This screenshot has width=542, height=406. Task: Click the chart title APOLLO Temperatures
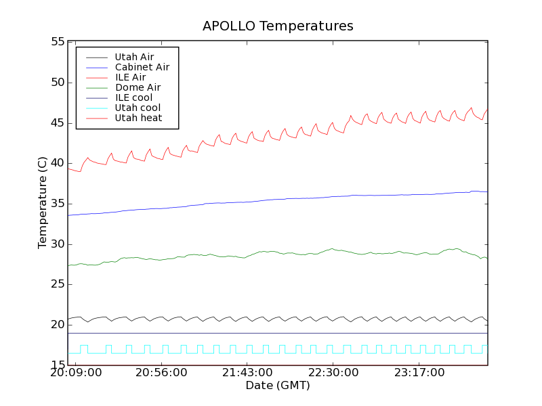(x=278, y=26)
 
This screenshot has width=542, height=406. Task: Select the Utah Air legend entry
(x=134, y=57)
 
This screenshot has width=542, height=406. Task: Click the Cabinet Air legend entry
(x=142, y=67)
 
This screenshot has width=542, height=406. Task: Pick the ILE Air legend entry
(x=130, y=77)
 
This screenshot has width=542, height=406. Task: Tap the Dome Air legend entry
(x=138, y=87)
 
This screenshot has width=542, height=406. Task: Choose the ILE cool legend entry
(x=133, y=97)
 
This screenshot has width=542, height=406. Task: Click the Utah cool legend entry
(x=138, y=108)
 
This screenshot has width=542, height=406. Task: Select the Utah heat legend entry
(x=138, y=118)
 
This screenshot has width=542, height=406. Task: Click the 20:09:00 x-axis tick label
(x=76, y=373)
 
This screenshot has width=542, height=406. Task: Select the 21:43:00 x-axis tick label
(x=247, y=373)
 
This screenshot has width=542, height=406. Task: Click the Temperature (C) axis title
(x=43, y=203)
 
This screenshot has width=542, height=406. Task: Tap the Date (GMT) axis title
(x=278, y=385)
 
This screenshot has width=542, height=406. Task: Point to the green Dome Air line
(x=271, y=252)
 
